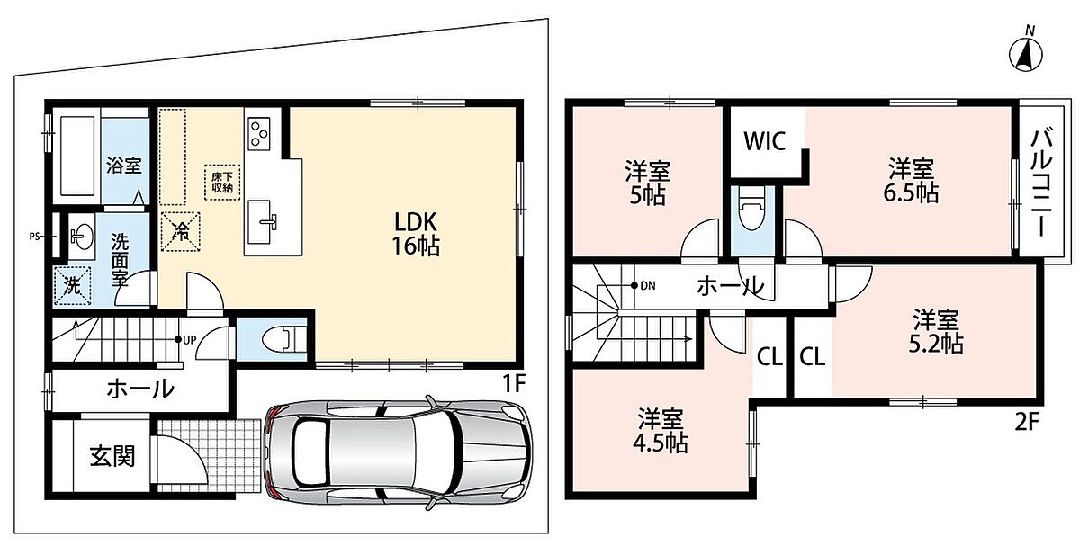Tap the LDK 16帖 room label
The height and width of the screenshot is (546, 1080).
415,234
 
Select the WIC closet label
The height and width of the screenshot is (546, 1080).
765,140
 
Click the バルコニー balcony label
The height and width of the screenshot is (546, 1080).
1041,182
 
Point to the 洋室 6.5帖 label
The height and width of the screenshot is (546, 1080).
911,181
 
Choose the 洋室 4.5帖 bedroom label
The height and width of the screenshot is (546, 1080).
660,431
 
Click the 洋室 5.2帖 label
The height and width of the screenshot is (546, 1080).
936,332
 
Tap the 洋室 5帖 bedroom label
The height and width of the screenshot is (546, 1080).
647,183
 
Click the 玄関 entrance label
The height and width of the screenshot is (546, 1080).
112,456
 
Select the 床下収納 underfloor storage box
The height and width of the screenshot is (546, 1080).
222,183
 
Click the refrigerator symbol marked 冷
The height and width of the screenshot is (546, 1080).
180,232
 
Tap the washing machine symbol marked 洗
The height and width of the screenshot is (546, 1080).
72,286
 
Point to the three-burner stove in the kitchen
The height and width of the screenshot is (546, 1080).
259,133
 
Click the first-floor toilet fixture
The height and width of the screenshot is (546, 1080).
284,339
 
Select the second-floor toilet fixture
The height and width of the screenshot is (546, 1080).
752,208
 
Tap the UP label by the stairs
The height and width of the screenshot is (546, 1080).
190,340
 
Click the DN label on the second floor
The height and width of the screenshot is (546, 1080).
648,286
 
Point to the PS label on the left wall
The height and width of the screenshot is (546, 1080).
34,237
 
